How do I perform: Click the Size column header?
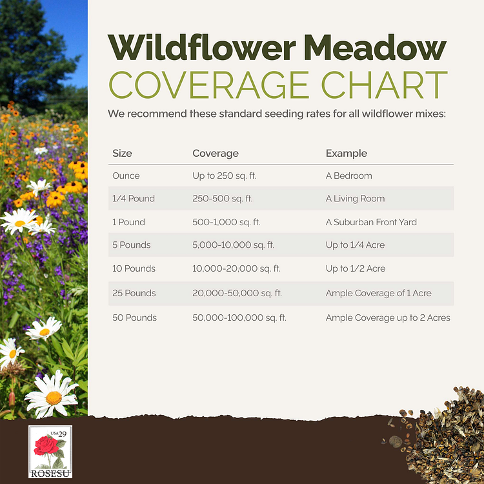tap(122, 154)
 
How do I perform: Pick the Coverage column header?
tap(216, 154)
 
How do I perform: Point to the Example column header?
tap(346, 154)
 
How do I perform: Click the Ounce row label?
tap(126, 176)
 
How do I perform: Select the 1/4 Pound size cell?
tap(134, 199)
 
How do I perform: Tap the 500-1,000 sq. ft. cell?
tap(226, 222)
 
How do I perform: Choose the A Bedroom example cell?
tap(348, 176)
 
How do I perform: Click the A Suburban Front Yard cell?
tap(371, 222)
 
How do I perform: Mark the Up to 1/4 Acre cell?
tap(356, 245)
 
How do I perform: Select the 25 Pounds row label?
tap(134, 293)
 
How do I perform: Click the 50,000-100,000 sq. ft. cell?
tap(239, 318)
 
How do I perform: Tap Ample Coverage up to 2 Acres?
tap(388, 318)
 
